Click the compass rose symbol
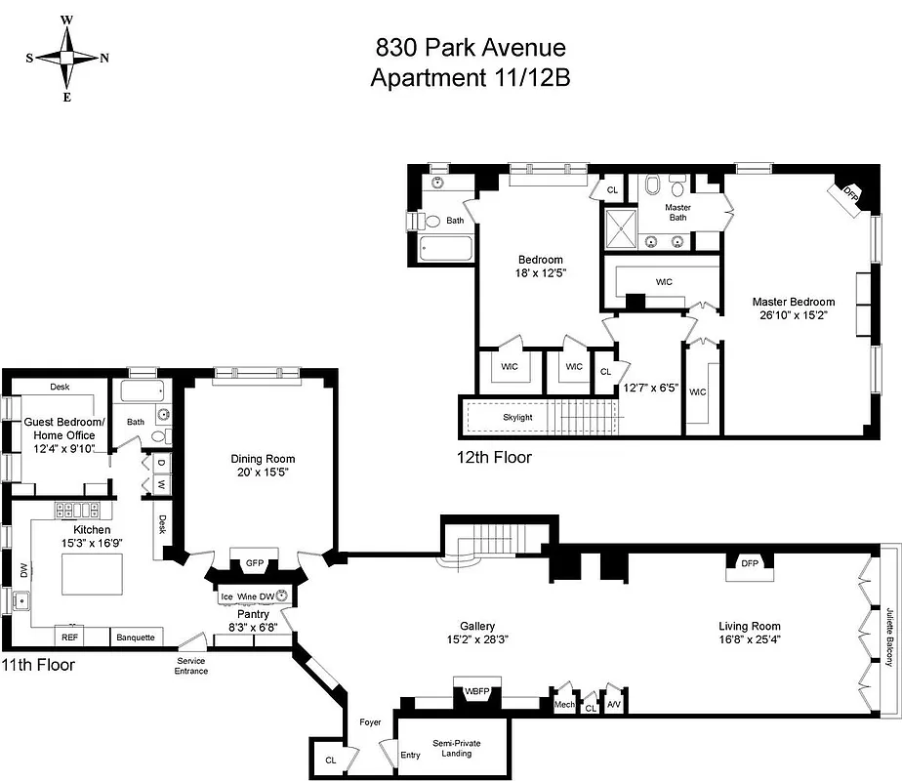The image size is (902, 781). pos(66,58)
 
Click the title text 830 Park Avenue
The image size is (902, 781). pos(471,48)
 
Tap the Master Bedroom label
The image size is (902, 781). pos(793,302)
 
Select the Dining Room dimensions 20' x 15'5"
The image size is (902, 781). pos(263,473)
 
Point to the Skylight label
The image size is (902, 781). pos(517,417)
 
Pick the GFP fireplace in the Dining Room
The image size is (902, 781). pos(255,563)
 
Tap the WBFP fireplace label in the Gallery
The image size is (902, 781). pos(476,692)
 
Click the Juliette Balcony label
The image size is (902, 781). pos(890,636)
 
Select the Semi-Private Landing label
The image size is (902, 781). pos(456,748)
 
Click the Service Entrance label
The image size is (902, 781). pos(191,666)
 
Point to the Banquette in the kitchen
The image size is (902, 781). pos(136,637)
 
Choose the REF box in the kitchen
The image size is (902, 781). pos(70,637)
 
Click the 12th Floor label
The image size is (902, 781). pos(494,456)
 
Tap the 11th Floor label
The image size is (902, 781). pos(37,664)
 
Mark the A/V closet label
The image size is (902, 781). pos(612,703)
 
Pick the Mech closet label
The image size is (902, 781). pos(564,703)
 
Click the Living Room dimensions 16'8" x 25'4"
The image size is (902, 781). pos(750,640)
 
